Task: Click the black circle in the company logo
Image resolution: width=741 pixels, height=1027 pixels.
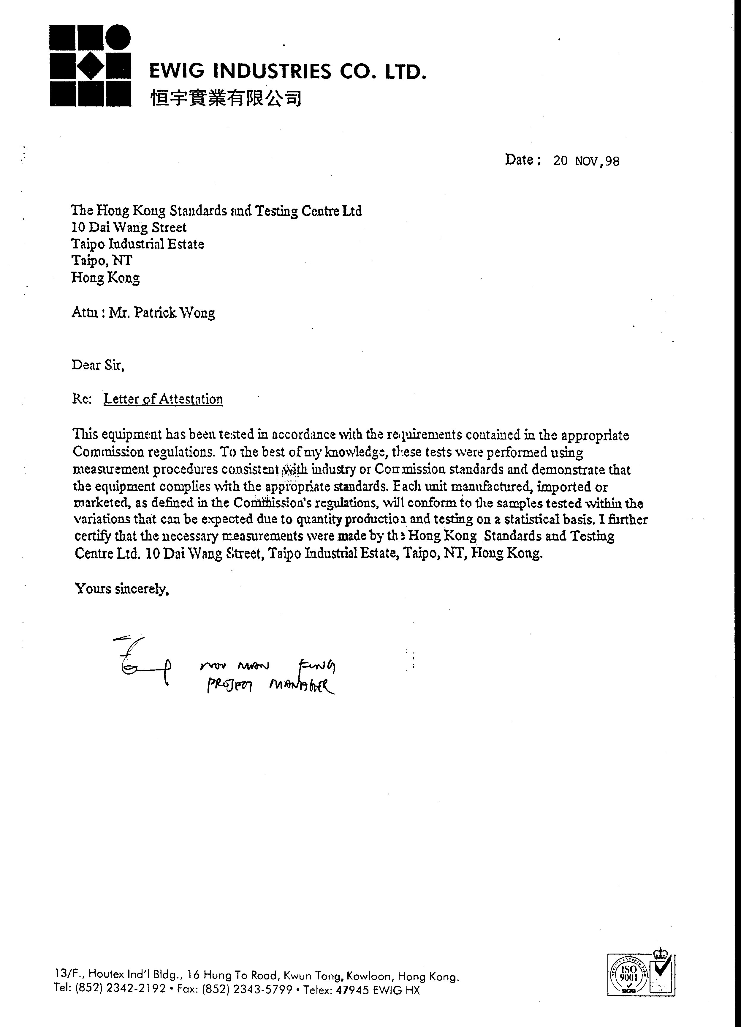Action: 118,37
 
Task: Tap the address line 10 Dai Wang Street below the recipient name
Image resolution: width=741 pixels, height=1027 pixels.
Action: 129,227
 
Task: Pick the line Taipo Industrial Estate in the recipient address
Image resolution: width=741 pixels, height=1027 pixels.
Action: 137,244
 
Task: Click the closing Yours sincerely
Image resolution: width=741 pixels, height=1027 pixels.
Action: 122,589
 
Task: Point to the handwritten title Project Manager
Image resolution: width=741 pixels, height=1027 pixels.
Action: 270,686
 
